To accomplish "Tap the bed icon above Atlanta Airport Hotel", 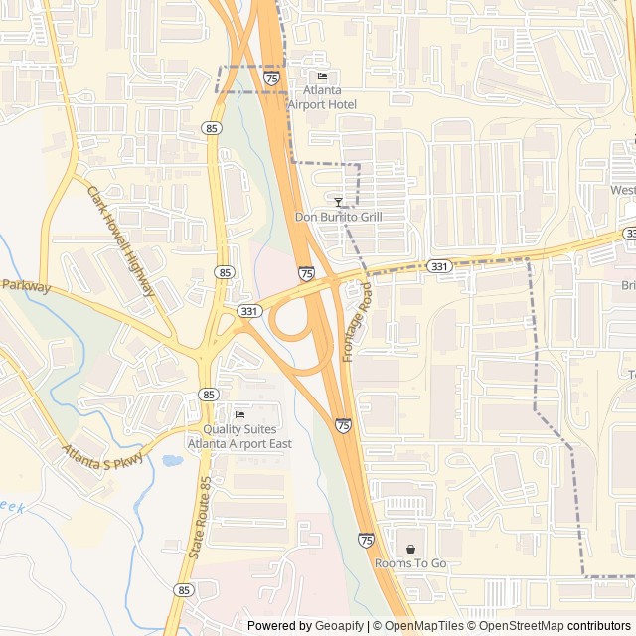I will tap(321, 77).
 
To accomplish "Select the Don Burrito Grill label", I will tap(339, 217).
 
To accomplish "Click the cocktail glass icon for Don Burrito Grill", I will tap(339, 202).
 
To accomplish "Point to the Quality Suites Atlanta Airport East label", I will tap(239, 436).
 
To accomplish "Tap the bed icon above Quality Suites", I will tap(238, 414).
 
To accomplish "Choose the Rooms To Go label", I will tap(410, 563).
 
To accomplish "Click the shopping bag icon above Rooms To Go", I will tap(410, 549).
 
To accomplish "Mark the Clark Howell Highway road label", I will tap(121, 241).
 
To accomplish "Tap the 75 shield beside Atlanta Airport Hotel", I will tap(271, 77).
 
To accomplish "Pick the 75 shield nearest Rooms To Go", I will tap(366, 540).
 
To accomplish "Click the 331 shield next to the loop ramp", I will tap(249, 311).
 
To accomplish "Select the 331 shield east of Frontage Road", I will tap(439, 266).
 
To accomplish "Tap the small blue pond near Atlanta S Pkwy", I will tap(171, 461).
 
